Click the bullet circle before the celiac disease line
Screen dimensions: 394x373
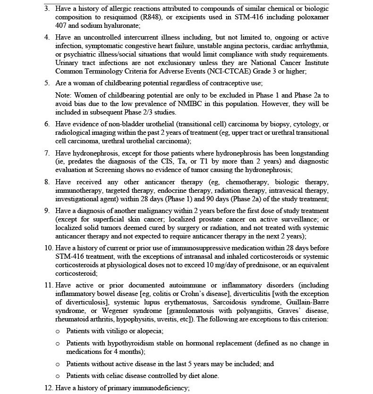pyautogui.click(x=58, y=376)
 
